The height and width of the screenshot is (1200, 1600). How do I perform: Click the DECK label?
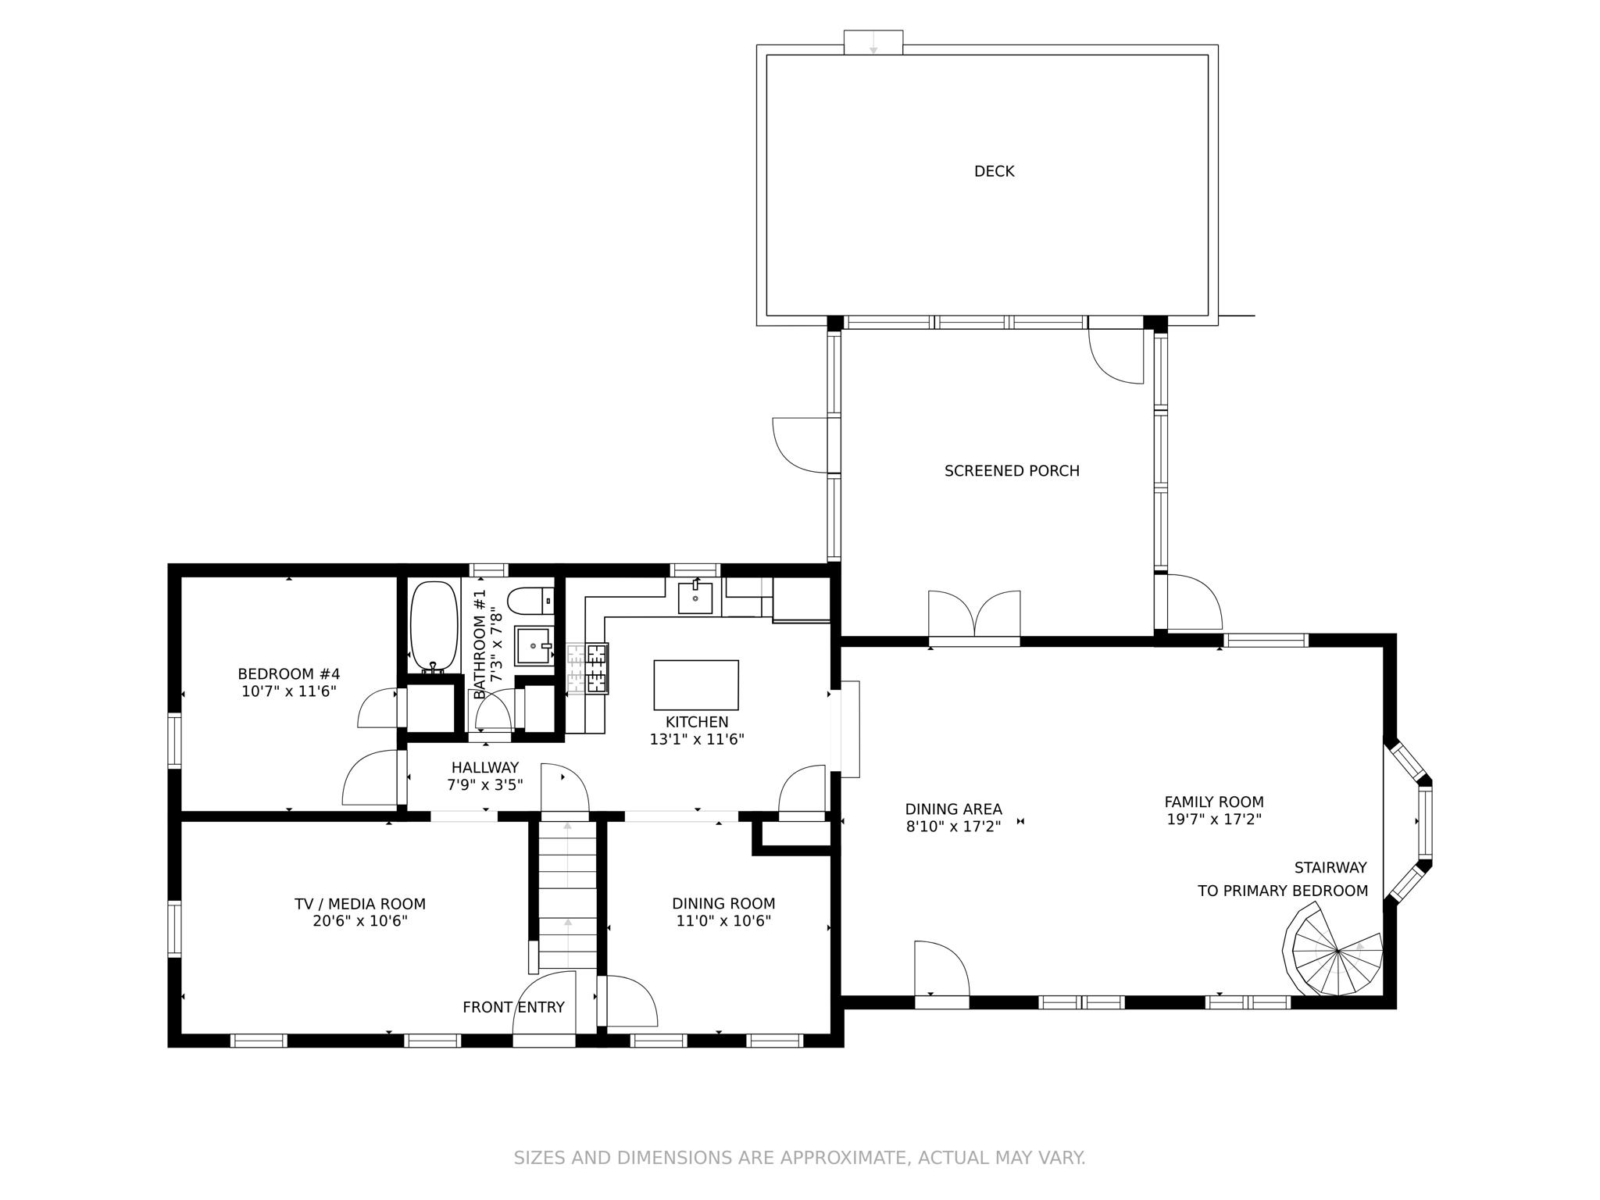[x=994, y=171]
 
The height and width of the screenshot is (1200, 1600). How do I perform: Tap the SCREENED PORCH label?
[x=1012, y=471]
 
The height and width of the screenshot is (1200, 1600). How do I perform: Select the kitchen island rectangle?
[x=695, y=684]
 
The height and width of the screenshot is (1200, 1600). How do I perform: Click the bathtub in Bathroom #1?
[x=434, y=625]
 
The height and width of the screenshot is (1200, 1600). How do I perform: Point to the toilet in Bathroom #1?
[x=530, y=602]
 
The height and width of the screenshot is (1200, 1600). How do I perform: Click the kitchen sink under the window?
[x=695, y=598]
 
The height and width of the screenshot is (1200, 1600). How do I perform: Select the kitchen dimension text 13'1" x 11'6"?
[x=696, y=739]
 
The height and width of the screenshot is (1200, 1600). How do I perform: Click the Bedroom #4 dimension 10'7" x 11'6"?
[x=288, y=691]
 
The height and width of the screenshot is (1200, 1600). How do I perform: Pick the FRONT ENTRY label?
[x=513, y=1008]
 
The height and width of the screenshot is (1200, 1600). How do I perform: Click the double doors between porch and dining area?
[x=974, y=617]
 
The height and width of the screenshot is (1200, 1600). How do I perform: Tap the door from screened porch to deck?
[x=1116, y=352]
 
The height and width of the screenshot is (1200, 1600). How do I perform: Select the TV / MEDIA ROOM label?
[x=359, y=904]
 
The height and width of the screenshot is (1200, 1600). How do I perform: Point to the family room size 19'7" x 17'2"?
[x=1213, y=820]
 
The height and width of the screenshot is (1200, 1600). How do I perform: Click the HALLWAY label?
[x=484, y=768]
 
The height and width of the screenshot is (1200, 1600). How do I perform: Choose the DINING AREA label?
[x=953, y=809]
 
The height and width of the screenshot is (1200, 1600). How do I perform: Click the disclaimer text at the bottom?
[x=799, y=1158]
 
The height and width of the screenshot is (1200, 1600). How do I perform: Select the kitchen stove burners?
[x=587, y=668]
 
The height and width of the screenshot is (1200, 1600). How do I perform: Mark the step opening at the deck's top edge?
[x=873, y=42]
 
